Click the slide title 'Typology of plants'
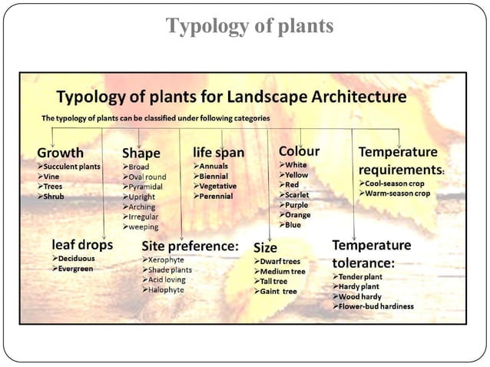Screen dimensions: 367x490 click(x=250, y=26)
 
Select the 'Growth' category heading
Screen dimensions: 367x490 click(x=60, y=152)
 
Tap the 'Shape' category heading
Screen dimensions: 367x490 click(x=141, y=154)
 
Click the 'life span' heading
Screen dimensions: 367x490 click(x=218, y=152)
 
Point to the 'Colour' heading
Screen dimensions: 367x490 click(x=299, y=151)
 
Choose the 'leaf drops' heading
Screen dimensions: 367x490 click(x=77, y=245)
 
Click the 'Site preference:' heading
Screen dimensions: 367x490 click(x=190, y=246)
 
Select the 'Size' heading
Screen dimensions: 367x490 click(x=265, y=248)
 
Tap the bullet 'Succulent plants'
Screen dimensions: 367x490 click(x=72, y=165)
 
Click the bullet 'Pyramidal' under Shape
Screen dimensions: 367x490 click(x=146, y=186)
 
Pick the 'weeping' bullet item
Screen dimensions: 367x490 click(x=144, y=227)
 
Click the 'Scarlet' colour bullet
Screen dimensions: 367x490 click(x=296, y=195)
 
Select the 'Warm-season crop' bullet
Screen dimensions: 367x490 click(x=398, y=193)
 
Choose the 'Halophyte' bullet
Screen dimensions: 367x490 click(x=165, y=290)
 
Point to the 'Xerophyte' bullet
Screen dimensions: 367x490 click(x=166, y=260)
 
